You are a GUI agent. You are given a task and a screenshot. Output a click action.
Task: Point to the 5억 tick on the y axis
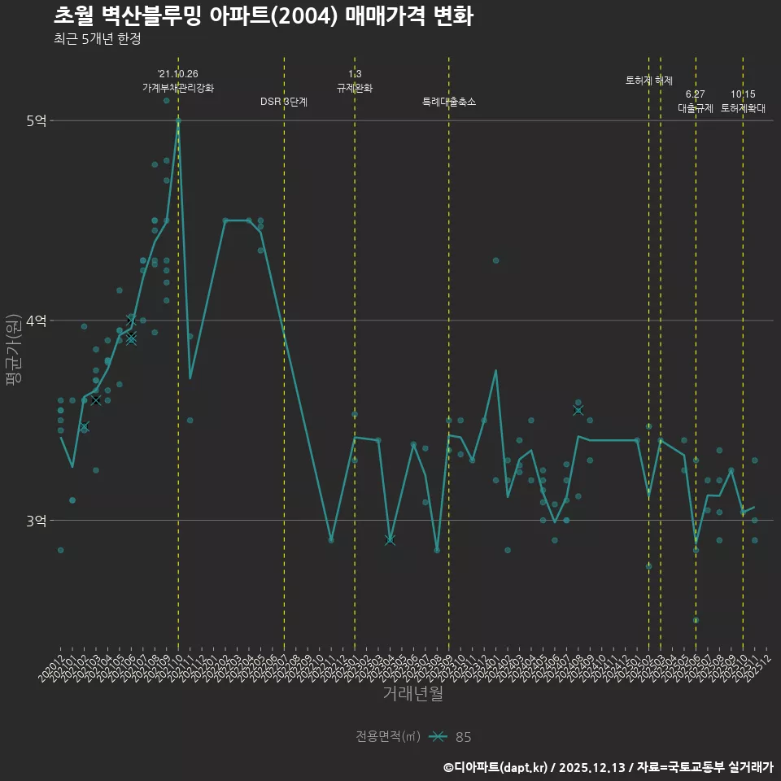click(36, 120)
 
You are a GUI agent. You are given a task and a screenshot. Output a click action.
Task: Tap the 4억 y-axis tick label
click(36, 321)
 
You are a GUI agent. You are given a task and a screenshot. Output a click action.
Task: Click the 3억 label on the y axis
click(36, 520)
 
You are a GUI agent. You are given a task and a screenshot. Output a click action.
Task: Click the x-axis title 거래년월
click(413, 694)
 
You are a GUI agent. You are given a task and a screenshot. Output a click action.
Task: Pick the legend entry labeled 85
click(463, 737)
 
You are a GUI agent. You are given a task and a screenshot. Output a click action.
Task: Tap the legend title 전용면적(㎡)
click(388, 737)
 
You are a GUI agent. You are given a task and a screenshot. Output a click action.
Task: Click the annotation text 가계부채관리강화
click(178, 88)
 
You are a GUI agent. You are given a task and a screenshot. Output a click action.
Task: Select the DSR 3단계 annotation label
click(284, 102)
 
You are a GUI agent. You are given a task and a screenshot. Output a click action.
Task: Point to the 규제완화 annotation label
click(355, 88)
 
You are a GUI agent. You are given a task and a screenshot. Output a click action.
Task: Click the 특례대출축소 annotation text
click(449, 102)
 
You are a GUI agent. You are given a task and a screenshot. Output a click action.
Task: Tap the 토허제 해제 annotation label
click(649, 81)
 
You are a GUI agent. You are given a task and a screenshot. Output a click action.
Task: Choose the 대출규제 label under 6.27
click(696, 108)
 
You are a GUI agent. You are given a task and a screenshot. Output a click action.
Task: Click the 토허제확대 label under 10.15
click(743, 108)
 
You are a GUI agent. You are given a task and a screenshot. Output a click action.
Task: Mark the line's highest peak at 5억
click(178, 120)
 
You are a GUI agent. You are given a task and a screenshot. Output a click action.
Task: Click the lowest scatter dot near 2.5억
click(696, 620)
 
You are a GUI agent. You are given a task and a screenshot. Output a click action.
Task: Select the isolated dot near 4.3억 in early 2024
click(495, 260)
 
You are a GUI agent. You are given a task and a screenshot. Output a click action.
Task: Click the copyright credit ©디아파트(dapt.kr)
click(496, 767)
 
